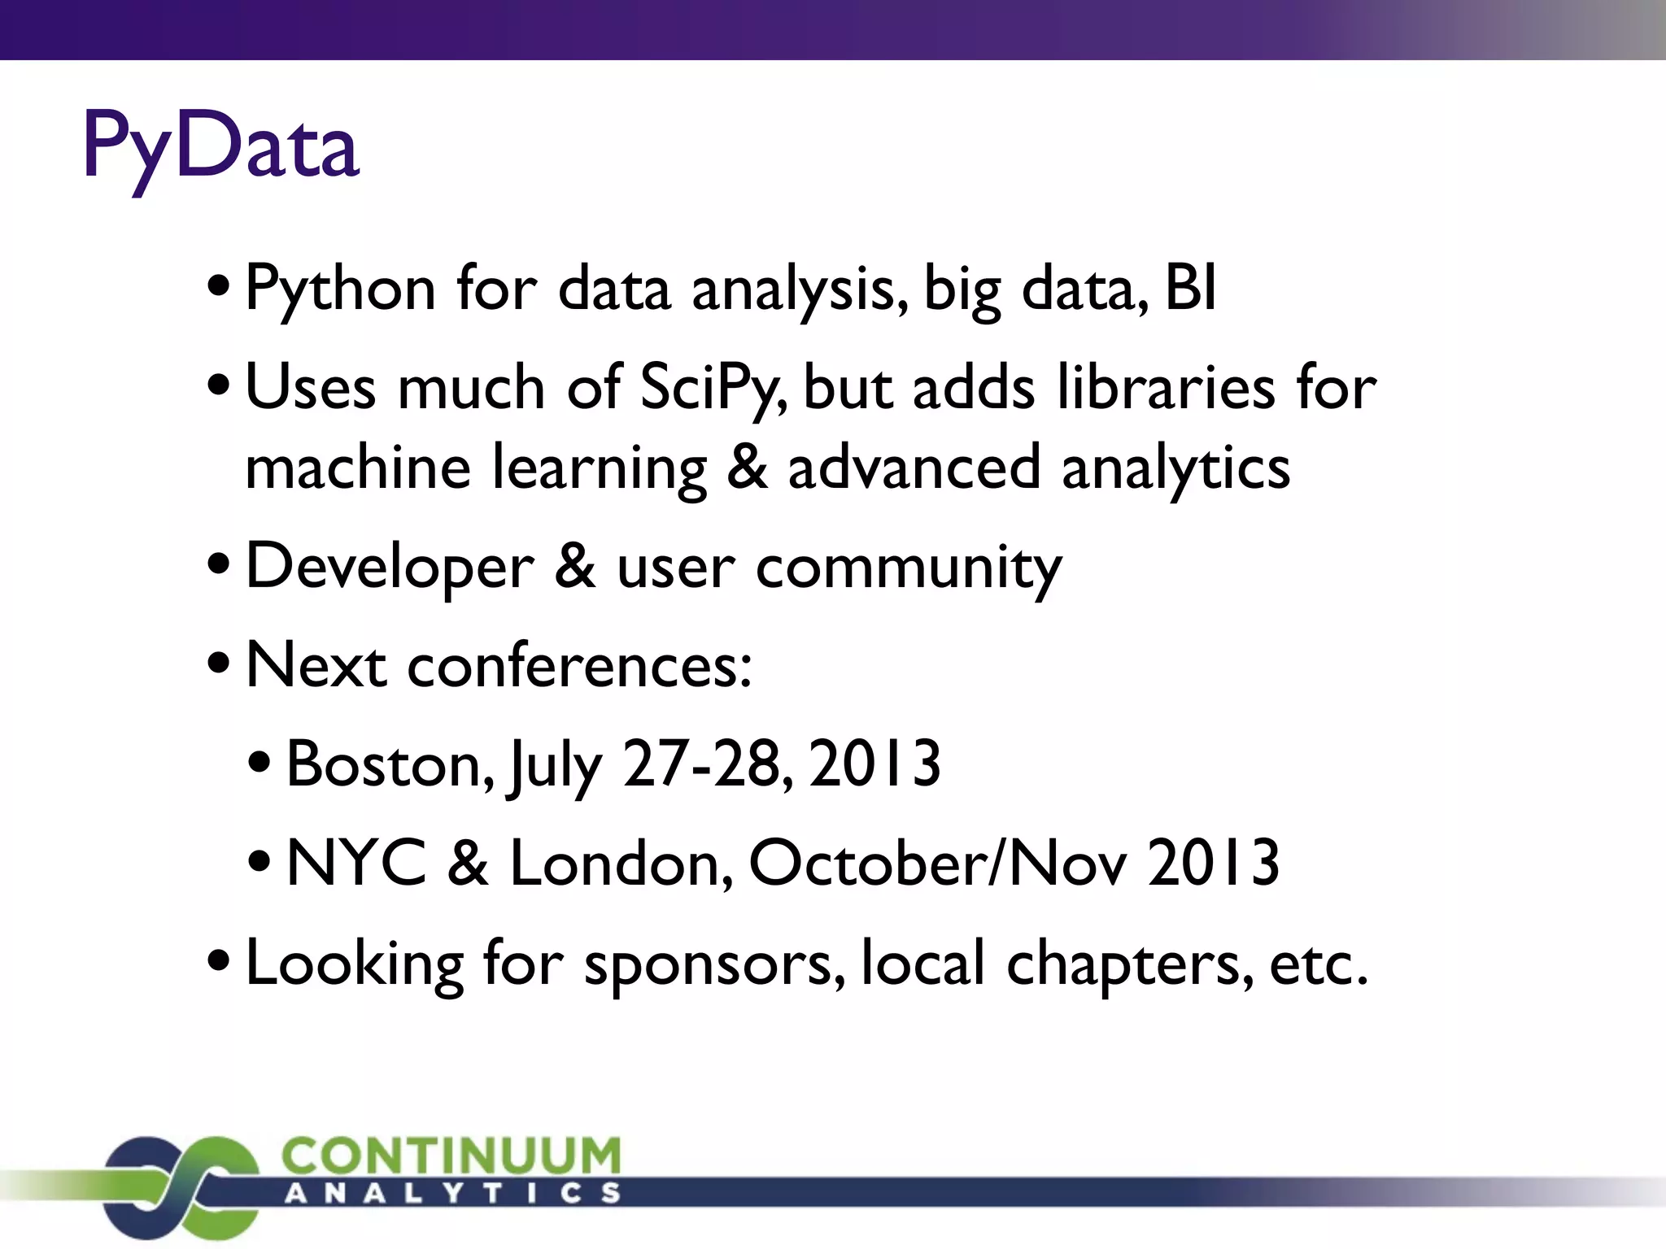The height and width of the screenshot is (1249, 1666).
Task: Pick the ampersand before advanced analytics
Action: tap(747, 468)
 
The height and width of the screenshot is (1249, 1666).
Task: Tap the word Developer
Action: tap(390, 568)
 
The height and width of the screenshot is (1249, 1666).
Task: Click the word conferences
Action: tap(579, 666)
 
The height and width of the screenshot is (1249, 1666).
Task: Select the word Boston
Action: tap(390, 764)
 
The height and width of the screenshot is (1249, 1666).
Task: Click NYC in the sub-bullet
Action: tap(356, 863)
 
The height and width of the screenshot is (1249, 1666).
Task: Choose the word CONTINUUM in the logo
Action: tap(451, 1155)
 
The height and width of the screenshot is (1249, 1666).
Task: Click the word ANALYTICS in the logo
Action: tap(452, 1194)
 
